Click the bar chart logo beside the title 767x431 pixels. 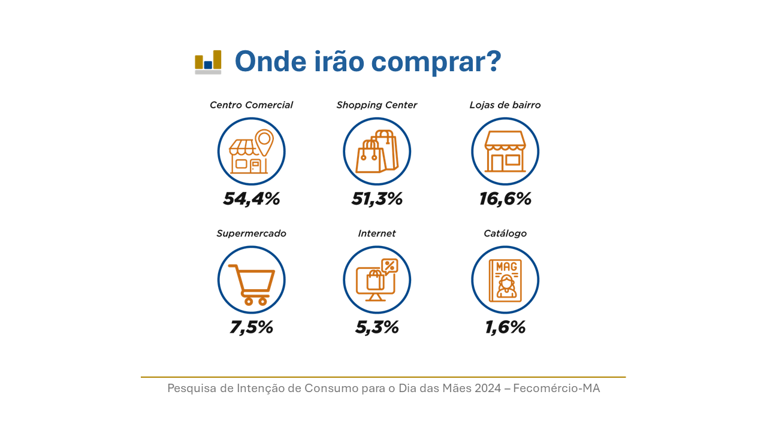[x=208, y=62]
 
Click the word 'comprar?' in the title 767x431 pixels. [x=436, y=62]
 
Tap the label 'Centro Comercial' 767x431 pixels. [x=251, y=105]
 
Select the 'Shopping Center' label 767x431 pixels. [x=377, y=105]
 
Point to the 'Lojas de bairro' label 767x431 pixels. [x=505, y=105]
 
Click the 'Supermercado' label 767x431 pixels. [x=251, y=233]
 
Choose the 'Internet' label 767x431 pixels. [x=377, y=233]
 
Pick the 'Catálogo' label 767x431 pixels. [x=505, y=233]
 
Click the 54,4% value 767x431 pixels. [x=251, y=199]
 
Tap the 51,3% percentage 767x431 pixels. [x=377, y=199]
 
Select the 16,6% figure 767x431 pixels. [x=505, y=199]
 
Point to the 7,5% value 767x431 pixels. [x=251, y=327]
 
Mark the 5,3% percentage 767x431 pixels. [x=377, y=327]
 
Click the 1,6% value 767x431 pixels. [x=505, y=327]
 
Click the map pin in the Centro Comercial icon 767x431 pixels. [x=264, y=142]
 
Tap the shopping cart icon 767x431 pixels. [x=252, y=284]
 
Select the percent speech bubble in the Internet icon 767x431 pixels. [x=389, y=266]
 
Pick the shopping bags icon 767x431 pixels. [x=377, y=151]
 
